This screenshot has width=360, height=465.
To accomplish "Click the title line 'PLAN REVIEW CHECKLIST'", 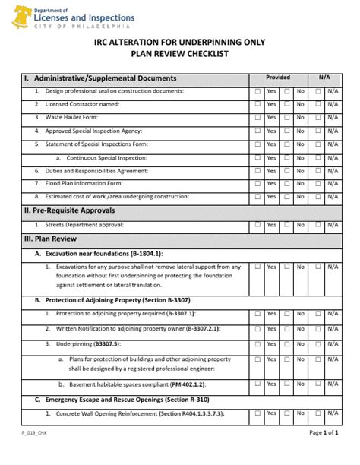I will tap(179, 55).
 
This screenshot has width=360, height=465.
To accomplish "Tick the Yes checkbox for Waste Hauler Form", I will tap(257, 118).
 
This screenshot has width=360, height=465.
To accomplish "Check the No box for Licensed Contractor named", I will tap(287, 104).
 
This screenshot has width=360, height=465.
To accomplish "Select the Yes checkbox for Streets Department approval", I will tap(257, 225).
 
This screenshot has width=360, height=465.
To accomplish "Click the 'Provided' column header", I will tap(277, 77).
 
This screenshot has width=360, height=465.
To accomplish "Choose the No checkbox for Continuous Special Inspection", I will tap(287, 157).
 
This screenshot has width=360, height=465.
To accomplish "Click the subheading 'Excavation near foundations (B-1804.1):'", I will tap(104, 253).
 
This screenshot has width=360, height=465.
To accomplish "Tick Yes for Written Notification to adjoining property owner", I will tap(257, 329).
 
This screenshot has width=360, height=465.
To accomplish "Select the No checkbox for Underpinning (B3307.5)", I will tap(287, 344).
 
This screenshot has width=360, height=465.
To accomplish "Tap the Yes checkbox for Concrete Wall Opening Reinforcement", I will tap(257, 413).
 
